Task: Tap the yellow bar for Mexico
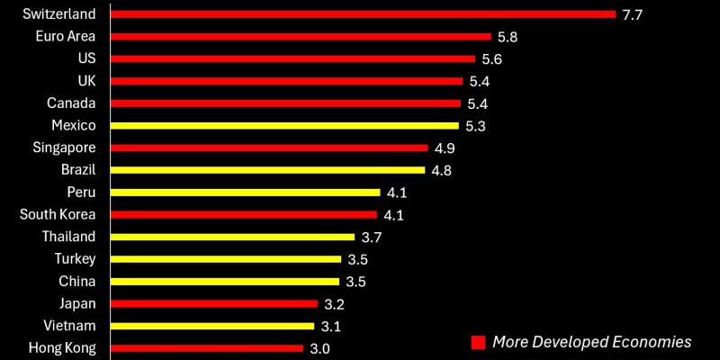(x=284, y=125)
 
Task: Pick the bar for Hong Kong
(x=207, y=347)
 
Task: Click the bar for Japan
(x=214, y=303)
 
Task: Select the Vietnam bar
(x=212, y=325)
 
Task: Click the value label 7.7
(x=633, y=15)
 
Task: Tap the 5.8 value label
(x=507, y=37)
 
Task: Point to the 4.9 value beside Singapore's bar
(x=444, y=148)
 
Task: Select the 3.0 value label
(x=319, y=348)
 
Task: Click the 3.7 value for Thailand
(x=371, y=237)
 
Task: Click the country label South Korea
(x=64, y=214)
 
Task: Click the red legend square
(x=478, y=342)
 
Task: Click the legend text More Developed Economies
(x=592, y=342)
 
